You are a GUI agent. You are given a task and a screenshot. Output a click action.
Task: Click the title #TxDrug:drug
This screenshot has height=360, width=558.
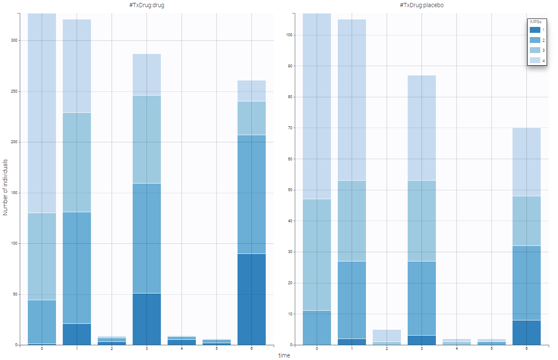coord(147,5)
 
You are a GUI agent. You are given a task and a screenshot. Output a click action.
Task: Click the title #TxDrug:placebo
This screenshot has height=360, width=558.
coord(422,5)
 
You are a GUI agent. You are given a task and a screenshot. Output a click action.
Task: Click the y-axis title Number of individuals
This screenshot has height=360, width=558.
coord(5,187)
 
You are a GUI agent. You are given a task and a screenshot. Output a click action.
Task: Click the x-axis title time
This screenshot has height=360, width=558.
coord(284,355)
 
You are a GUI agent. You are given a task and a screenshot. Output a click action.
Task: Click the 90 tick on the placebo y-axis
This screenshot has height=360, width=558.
coord(290,66)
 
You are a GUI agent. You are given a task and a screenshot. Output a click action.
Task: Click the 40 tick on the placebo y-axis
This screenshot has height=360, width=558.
coord(290,221)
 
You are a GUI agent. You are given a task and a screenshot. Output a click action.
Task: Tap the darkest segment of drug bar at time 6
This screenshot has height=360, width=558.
coord(251,299)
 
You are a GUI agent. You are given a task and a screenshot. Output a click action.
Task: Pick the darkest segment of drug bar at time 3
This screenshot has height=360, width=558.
coord(147,319)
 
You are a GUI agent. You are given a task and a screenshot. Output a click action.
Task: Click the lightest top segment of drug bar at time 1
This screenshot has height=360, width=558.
coord(77,66)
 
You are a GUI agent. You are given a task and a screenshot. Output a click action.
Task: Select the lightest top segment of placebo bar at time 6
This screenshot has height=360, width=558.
coord(526,162)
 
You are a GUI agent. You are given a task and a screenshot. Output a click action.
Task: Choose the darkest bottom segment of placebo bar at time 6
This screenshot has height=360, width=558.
coord(526,333)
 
